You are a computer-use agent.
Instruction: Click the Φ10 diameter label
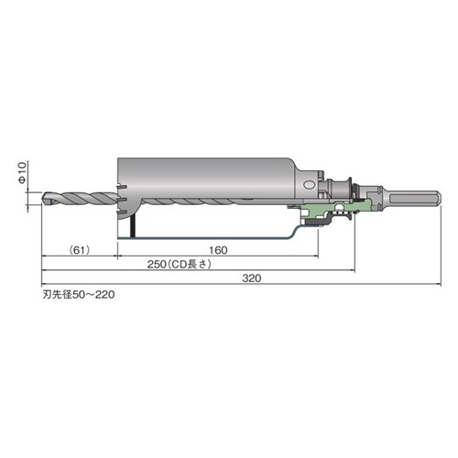click(x=23, y=172)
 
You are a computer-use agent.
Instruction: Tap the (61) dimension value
click(x=80, y=250)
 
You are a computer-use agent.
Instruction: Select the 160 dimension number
click(x=218, y=250)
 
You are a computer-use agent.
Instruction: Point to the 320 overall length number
click(x=252, y=278)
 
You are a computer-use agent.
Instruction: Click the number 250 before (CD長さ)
click(x=157, y=265)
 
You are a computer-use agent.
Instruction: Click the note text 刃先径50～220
click(x=79, y=295)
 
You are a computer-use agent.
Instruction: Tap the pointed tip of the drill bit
click(x=43, y=197)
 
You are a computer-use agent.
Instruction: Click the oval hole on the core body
click(x=309, y=185)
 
